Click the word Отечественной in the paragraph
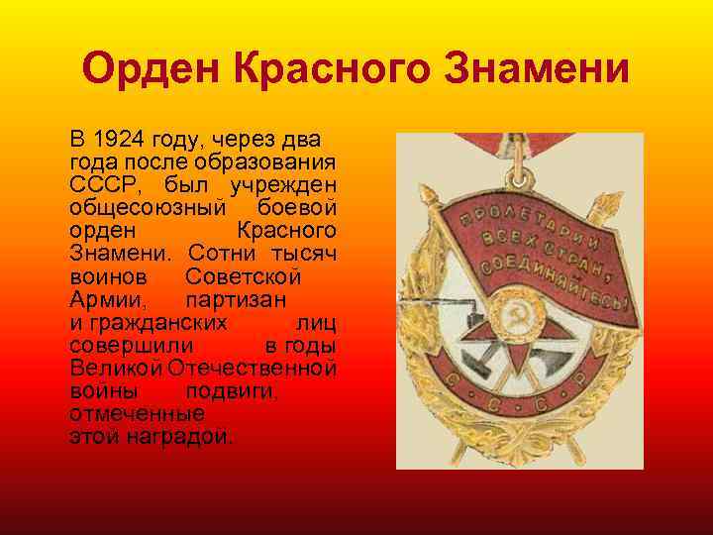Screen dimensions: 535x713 click(253, 368)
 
